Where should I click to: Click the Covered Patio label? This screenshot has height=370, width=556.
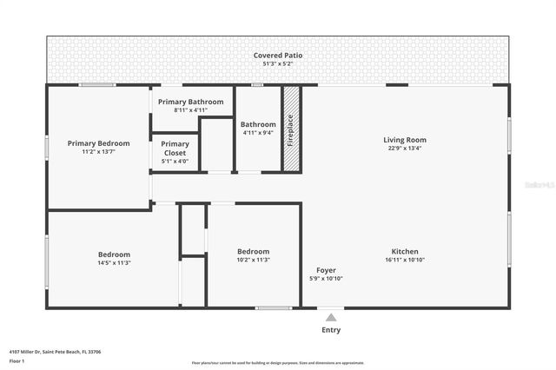point(278,56)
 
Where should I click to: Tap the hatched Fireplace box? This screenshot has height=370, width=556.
point(291,129)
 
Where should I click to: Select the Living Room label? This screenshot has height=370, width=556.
point(405,140)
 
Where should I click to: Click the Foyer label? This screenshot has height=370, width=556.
point(326,270)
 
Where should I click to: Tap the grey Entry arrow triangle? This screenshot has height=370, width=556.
point(331,317)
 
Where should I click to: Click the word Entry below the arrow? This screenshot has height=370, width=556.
point(331,330)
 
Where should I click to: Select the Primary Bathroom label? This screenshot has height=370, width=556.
point(190,102)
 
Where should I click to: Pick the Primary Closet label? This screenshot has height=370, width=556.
point(175,144)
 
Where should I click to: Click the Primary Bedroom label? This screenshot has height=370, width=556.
point(99,143)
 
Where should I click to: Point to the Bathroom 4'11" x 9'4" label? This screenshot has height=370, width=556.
point(258,124)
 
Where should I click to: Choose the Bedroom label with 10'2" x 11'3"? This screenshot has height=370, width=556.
point(253,252)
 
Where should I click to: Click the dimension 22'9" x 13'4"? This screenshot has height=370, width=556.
point(405,149)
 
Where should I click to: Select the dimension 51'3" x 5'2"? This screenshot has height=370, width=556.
point(278,63)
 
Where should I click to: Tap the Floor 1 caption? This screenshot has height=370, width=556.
point(17,360)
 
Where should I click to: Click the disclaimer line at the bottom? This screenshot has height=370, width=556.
point(290,363)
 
